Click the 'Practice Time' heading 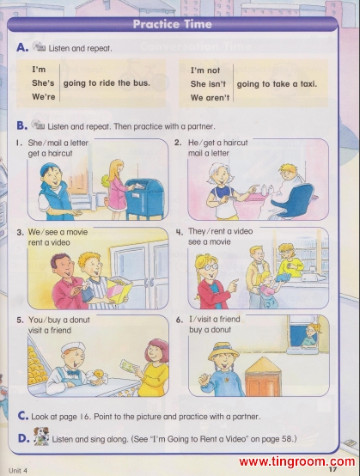point(172,24)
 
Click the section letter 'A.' point(22,47)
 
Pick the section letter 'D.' point(24,438)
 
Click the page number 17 point(333,469)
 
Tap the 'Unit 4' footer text point(18,471)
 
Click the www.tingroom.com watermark point(297,461)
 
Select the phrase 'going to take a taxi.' point(277,84)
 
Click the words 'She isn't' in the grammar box point(208,84)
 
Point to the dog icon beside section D point(41,436)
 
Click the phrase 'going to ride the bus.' point(107,83)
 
